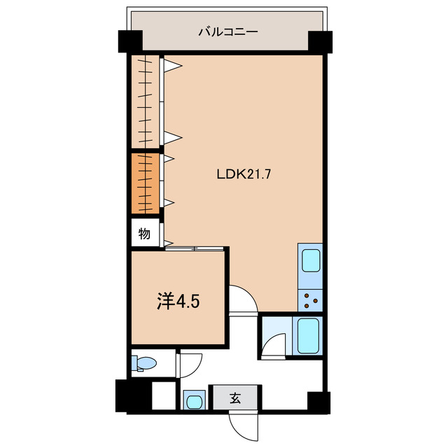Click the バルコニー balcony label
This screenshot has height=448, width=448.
218,31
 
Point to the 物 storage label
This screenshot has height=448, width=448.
143,233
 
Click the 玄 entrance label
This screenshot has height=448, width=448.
235,399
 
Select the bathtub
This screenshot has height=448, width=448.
308,337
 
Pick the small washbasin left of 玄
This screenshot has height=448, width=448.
193,401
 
